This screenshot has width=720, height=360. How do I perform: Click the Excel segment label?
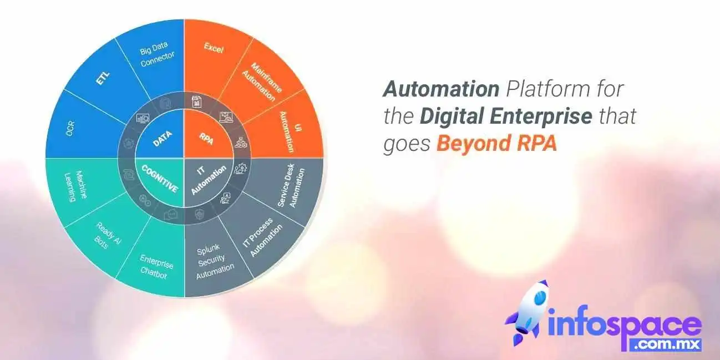tap(214, 48)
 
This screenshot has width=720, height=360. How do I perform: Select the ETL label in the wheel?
tap(103, 78)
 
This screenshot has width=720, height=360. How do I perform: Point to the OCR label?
tap(70, 128)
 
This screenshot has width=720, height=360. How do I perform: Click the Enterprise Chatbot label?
tap(156, 267)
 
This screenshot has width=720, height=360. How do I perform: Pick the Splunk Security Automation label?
tap(214, 262)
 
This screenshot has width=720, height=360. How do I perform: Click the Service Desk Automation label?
tap(291, 187)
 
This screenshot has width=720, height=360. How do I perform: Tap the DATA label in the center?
tap(163, 139)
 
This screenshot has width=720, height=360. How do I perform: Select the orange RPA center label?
tap(206, 139)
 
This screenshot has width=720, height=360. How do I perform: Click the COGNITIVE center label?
tap(160, 179)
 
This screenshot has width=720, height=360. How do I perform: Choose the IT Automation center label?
tap(209, 180)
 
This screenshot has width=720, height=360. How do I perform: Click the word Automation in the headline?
tap(441, 89)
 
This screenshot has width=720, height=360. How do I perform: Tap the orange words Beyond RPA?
tap(496, 143)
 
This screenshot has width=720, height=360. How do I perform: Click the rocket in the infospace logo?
tap(528, 312)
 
